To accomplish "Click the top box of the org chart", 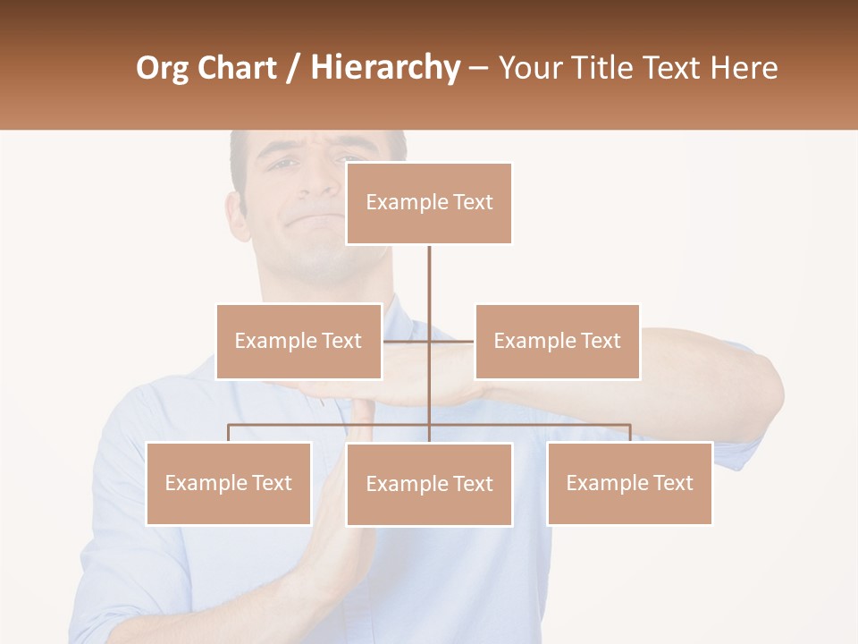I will tap(429, 203).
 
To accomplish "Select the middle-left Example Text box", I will tap(299, 341).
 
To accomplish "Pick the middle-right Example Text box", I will tap(557, 341).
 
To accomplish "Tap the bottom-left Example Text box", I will tap(229, 483).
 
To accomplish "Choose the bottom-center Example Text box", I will tap(429, 484).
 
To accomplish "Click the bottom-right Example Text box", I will tap(629, 483).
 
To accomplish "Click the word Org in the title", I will tap(163, 68).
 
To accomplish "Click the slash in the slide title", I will tap(292, 68).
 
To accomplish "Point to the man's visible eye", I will tap(282, 165).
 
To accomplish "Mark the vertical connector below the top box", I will tap(429, 277).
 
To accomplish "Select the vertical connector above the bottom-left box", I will tap(229, 433).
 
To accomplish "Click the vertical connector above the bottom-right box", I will tap(629, 433).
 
